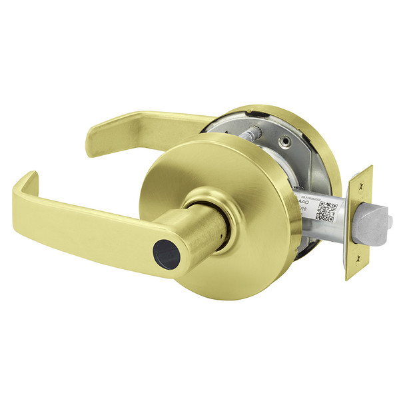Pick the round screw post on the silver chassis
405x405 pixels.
286,142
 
